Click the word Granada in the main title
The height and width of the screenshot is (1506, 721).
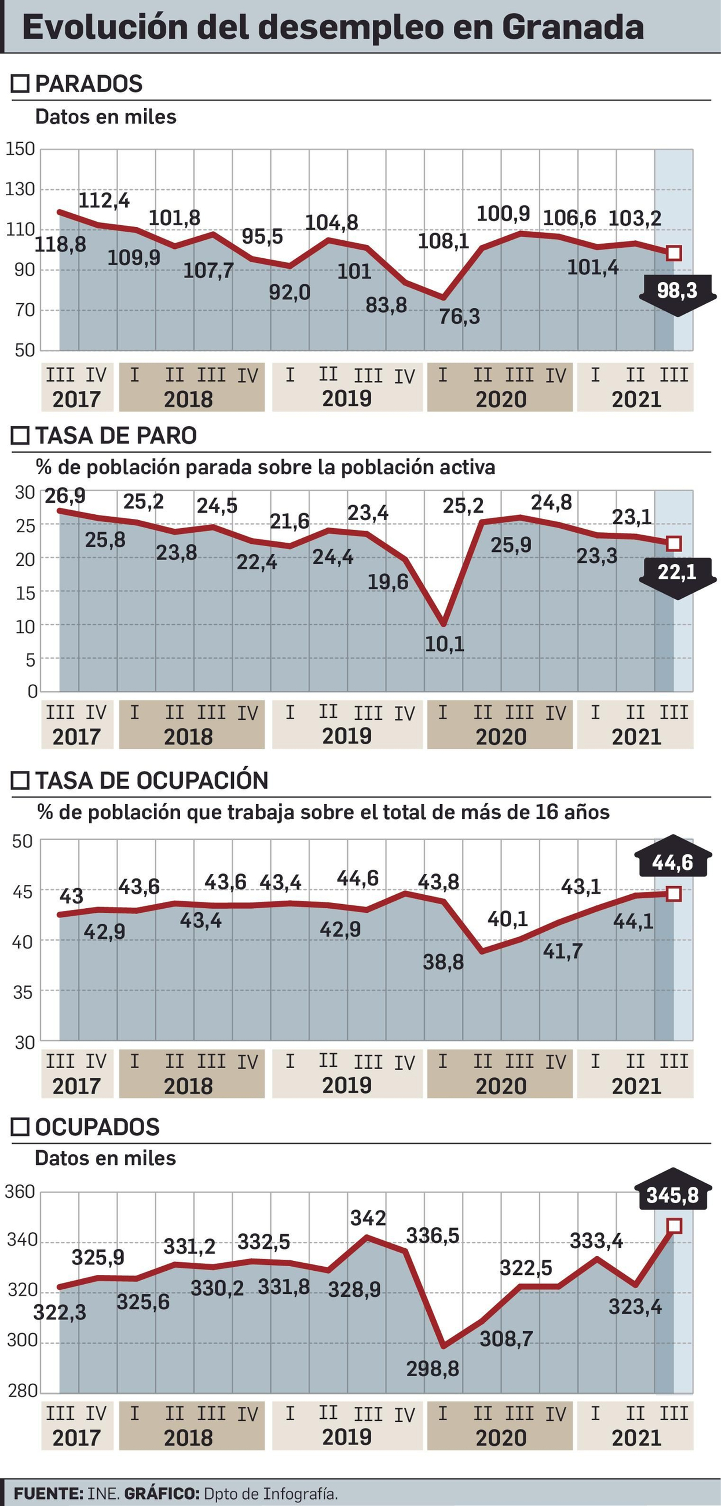573,27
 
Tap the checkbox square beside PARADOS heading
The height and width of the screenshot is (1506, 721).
20,83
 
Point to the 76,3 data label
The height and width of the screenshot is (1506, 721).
459,317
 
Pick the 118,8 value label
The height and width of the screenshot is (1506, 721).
60,244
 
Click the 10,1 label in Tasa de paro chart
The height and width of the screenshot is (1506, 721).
444,644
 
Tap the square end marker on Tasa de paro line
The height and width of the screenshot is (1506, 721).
674,544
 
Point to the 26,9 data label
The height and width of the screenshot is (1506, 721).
65,496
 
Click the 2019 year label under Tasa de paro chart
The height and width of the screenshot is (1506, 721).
347,736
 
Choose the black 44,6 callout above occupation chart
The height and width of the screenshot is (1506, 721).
672,862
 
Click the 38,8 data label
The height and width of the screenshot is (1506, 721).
443,962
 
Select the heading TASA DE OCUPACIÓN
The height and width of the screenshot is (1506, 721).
151,780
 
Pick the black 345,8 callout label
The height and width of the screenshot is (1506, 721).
672,1195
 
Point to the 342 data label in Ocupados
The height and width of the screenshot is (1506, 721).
368,1218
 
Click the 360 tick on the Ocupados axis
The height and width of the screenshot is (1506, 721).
20,1191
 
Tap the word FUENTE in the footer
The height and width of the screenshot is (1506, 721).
48,1493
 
